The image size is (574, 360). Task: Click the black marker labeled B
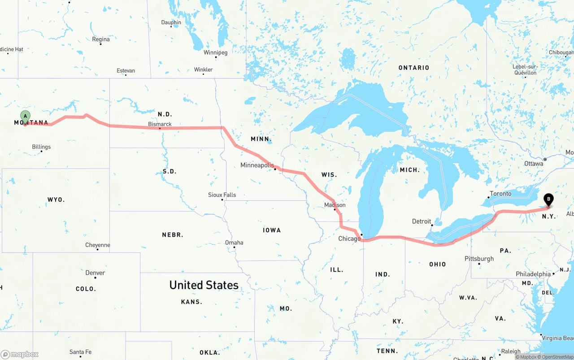pyautogui.click(x=548, y=200)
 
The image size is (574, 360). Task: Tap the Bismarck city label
pyautogui.click(x=160, y=124)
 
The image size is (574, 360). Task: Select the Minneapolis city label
pyautogui.click(x=257, y=165)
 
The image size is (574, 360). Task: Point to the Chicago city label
pyautogui.click(x=349, y=239)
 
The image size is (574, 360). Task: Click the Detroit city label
pyautogui.click(x=421, y=221)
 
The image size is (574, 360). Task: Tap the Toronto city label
pyautogui.click(x=500, y=194)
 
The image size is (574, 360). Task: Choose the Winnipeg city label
pyautogui.click(x=216, y=52)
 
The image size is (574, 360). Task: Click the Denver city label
pyautogui.click(x=95, y=273)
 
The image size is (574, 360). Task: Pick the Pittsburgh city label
pyautogui.click(x=479, y=259)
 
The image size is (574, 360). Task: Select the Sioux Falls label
pyautogui.click(x=222, y=195)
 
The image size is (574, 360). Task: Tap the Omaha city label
pyautogui.click(x=234, y=243)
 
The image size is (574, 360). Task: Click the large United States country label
pyautogui.click(x=204, y=285)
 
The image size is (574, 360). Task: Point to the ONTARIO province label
pyautogui.click(x=414, y=68)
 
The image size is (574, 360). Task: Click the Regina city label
pyautogui.click(x=101, y=39)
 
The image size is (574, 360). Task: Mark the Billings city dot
pyautogui.click(x=42, y=151)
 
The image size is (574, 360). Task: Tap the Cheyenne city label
pyautogui.click(x=98, y=245)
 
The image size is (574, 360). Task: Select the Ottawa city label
pyautogui.click(x=534, y=164)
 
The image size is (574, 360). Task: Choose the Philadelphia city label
pyautogui.click(x=533, y=274)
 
